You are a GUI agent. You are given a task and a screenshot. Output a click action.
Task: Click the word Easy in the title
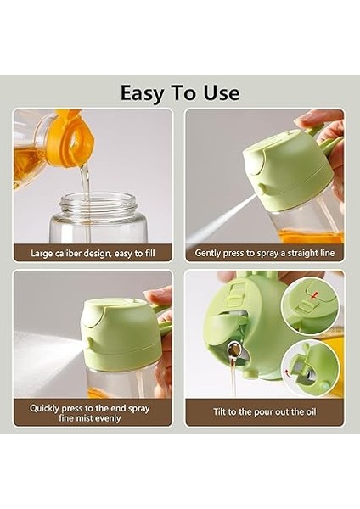[143, 93]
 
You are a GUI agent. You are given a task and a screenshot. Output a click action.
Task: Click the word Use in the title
[222, 92]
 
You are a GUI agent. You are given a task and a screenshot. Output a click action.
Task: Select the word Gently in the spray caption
[206, 253]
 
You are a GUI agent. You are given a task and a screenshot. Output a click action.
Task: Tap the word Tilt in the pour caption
[219, 411]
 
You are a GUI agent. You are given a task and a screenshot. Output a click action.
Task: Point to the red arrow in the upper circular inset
[314, 295]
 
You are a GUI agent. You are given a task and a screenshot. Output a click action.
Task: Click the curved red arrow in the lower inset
[288, 372]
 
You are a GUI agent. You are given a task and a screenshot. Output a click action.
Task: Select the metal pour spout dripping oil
[233, 350]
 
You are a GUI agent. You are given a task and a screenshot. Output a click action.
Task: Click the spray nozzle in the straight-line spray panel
[262, 188]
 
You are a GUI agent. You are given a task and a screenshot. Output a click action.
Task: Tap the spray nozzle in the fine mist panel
[88, 342]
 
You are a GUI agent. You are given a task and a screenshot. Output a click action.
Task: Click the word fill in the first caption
[149, 253]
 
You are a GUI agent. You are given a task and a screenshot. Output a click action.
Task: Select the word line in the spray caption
[327, 253]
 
